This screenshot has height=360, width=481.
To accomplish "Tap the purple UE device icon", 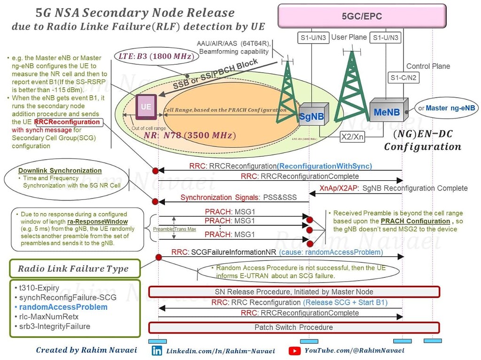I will [x=146, y=107].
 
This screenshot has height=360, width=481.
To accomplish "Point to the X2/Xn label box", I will [x=353, y=136].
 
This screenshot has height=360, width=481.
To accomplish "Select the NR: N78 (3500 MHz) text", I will [x=189, y=135].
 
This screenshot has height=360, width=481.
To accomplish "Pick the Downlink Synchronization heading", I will [x=60, y=170].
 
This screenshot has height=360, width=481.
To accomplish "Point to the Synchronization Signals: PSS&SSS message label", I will [x=238, y=197].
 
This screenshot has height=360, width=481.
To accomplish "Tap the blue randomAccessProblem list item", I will [x=63, y=307].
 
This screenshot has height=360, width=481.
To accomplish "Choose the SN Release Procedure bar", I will [x=294, y=292].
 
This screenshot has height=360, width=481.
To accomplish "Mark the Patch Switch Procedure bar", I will [x=294, y=327].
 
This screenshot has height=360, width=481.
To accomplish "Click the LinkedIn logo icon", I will [x=157, y=351].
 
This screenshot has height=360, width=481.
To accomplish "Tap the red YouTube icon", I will [x=295, y=351].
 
